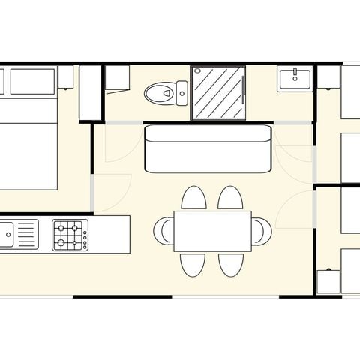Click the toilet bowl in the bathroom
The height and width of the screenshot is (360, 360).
point(158,93)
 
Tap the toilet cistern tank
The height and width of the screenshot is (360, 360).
point(181,93)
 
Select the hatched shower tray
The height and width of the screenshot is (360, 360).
point(218,93)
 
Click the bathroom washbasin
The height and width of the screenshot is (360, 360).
point(295,78)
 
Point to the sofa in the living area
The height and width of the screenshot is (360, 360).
point(207,148)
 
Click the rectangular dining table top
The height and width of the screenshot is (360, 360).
point(212,231)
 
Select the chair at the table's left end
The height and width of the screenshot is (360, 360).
point(163,231)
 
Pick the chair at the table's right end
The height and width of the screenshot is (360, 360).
point(261,231)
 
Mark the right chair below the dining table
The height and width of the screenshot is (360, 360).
point(229,264)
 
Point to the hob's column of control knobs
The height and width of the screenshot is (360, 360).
point(85,235)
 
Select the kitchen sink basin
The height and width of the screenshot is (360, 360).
point(6,235)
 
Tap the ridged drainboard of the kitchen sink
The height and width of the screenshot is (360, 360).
point(26,235)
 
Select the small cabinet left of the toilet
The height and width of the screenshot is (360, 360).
point(118,78)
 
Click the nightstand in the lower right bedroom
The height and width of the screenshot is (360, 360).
point(328,281)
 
